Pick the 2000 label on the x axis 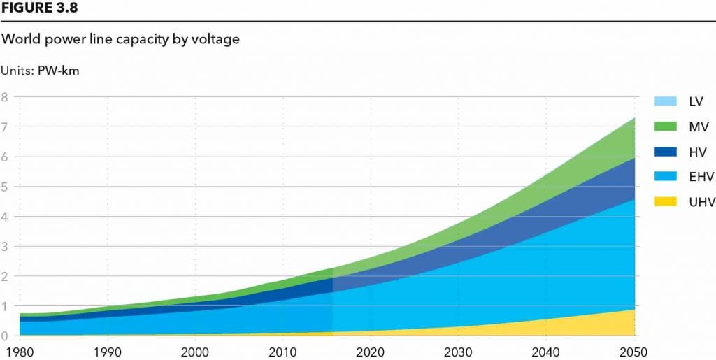195,351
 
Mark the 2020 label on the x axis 371,351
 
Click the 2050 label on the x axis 633,351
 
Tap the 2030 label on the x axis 458,351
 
